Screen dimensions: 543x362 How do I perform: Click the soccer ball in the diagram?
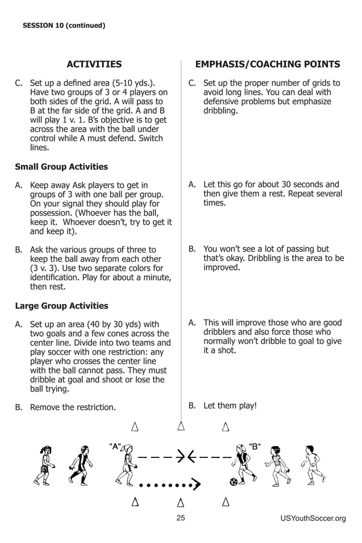pyautogui.click(x=234, y=482)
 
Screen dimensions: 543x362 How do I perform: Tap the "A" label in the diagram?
pyautogui.click(x=115, y=446)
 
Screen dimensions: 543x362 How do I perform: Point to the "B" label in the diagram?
pyautogui.click(x=254, y=446)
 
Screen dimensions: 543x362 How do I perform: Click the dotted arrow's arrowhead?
pyautogui.click(x=196, y=484)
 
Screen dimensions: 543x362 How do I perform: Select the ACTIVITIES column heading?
pyautogui.click(x=94, y=64)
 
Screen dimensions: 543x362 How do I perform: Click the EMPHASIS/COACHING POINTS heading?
pyautogui.click(x=267, y=64)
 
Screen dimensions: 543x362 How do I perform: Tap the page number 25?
pyautogui.click(x=181, y=517)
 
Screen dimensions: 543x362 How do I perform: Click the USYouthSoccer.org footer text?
pyautogui.click(x=313, y=518)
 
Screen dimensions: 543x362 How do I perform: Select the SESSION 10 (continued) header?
pyautogui.click(x=64, y=25)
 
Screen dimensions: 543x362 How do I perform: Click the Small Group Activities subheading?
pyautogui.click(x=61, y=167)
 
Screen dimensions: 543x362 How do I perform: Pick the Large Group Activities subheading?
pyautogui.click(x=61, y=306)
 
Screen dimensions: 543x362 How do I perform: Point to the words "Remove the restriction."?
pyautogui.click(x=73, y=407)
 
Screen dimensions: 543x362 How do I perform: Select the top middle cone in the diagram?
pyautogui.click(x=181, y=426)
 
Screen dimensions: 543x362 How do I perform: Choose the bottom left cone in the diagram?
pyautogui.click(x=136, y=502)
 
